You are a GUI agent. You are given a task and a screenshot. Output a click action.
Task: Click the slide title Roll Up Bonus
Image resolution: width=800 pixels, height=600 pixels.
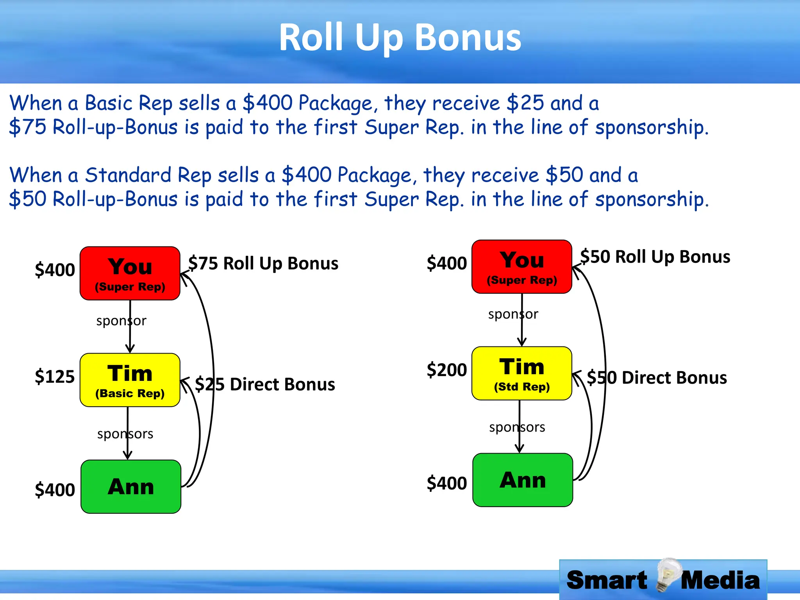click(400, 37)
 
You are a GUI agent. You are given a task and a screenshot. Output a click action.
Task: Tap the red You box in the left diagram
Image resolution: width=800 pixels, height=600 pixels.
click(130, 273)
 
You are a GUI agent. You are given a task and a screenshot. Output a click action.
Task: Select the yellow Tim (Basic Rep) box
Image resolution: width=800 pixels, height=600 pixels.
click(130, 380)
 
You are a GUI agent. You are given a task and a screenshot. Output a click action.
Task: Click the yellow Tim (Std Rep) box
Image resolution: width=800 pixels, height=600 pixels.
click(521, 373)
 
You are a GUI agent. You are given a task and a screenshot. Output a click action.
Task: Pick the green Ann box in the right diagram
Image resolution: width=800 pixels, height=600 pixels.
click(522, 480)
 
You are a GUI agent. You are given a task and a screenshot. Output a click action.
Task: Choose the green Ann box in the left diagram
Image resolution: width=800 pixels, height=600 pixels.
click(130, 486)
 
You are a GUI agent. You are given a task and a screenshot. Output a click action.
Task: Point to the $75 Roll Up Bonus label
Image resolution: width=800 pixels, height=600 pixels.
click(263, 263)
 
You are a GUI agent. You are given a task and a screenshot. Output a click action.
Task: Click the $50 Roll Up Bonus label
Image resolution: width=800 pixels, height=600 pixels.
click(655, 257)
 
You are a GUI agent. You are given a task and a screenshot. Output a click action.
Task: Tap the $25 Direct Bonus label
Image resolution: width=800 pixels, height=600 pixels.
click(265, 384)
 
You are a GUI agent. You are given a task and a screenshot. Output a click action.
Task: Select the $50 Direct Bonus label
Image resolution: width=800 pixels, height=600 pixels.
click(657, 377)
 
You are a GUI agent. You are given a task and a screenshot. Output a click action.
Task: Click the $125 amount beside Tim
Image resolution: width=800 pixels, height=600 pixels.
click(55, 377)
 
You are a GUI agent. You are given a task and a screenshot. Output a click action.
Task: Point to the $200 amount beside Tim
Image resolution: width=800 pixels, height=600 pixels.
click(446, 370)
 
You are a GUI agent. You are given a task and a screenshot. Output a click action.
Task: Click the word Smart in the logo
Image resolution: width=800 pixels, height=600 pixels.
click(607, 580)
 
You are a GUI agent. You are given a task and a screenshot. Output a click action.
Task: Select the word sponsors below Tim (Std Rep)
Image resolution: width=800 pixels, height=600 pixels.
click(517, 427)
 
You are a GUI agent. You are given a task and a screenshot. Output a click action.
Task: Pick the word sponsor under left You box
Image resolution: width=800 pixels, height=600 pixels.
click(121, 321)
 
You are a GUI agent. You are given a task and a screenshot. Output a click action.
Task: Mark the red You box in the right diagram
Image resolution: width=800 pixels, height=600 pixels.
click(521, 266)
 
